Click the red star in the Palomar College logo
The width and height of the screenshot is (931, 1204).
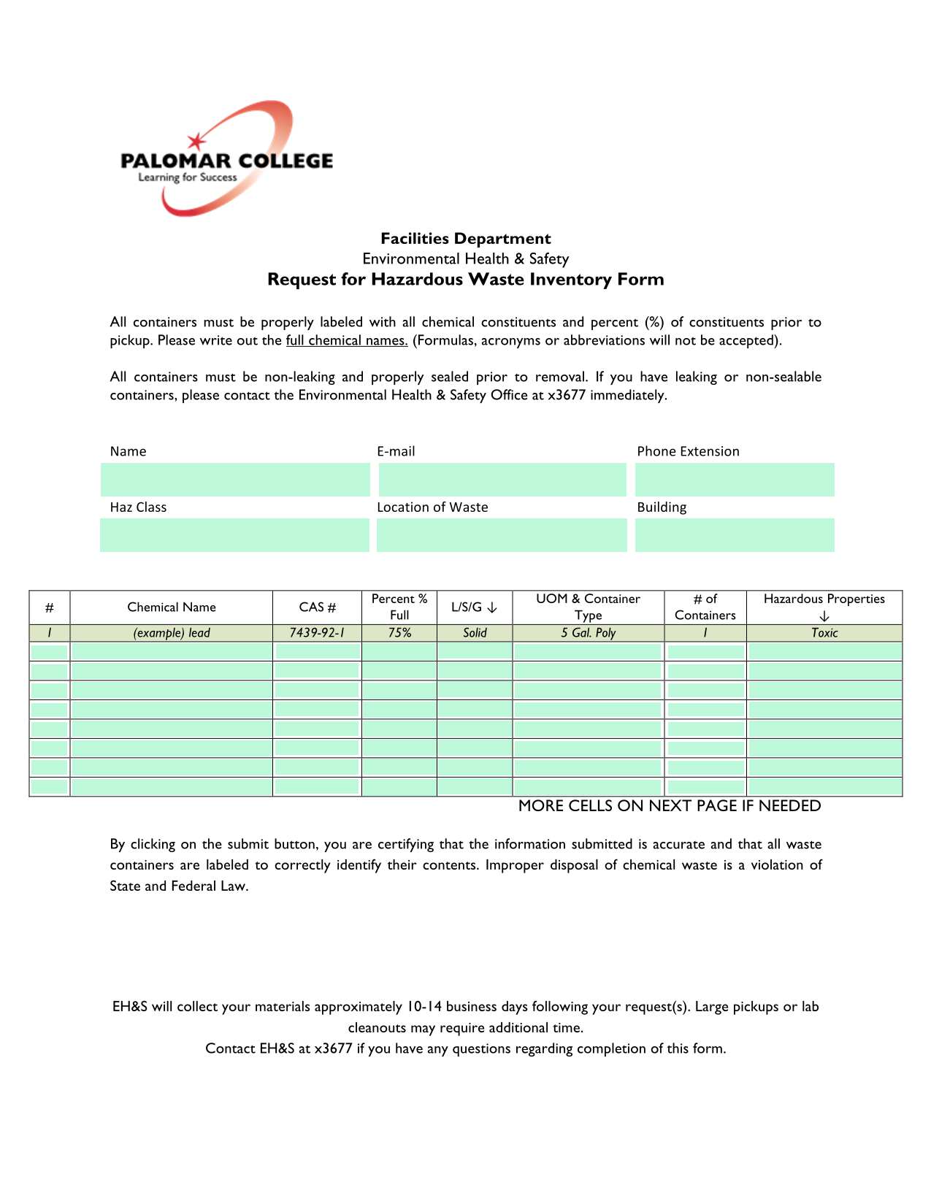(196, 142)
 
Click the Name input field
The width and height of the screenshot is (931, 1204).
(235, 480)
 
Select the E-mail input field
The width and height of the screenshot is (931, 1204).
(502, 480)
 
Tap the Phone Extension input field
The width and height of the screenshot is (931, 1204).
(734, 480)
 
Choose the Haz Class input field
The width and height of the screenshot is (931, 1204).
(234, 535)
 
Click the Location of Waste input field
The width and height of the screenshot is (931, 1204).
(502, 535)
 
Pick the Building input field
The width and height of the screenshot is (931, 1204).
(734, 535)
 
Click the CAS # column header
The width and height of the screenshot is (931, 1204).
(318, 607)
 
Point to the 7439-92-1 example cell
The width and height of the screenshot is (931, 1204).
(317, 633)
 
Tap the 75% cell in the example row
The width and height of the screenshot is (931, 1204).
(399, 633)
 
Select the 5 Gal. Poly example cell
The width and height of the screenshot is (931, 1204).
(588, 633)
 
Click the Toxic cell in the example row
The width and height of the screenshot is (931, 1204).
(824, 633)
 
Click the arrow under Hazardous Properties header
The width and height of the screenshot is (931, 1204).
(824, 616)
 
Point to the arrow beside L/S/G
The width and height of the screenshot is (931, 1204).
(493, 607)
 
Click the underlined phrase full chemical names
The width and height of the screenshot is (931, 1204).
(347, 340)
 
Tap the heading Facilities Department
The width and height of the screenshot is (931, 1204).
(465, 239)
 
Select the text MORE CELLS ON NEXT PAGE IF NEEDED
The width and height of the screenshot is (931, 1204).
(669, 806)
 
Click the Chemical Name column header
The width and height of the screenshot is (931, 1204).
(172, 607)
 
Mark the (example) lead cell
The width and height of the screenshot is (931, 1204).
(172, 633)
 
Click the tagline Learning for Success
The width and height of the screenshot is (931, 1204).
(188, 177)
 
